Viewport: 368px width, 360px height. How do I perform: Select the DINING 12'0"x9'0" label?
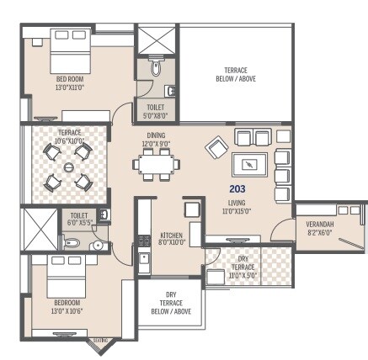click(155, 139)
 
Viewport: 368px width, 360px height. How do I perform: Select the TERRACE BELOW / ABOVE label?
click(229, 74)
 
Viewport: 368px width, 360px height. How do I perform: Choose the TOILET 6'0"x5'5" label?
click(78, 220)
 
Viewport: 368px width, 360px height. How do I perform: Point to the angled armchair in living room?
click(216, 148)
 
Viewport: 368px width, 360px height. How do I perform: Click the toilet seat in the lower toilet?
click(73, 243)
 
